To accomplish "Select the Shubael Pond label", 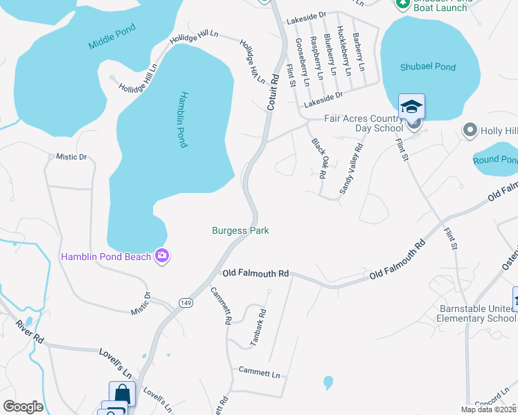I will coord(428,67).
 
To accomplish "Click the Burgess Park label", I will coord(240,230).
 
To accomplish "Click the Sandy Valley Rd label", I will coord(352,168).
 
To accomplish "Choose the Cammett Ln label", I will coord(260,374).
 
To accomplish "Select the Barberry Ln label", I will coord(358,52).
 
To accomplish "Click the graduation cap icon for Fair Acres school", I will coord(411,107).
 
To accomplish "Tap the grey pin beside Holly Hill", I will coord(470,130).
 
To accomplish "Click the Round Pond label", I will coord(494,160).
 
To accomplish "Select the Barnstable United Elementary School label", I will coord(476,313).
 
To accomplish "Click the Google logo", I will coord(23,407).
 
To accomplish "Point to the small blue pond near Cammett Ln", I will coord(328,382).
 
